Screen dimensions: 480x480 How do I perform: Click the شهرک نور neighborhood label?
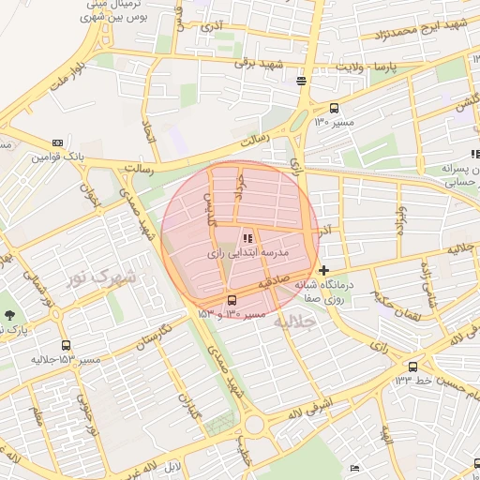pyautogui.click(x=102, y=277)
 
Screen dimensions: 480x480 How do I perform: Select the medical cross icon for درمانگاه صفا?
pyautogui.click(x=324, y=270)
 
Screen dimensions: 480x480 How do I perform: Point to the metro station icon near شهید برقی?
pyautogui.click(x=301, y=81)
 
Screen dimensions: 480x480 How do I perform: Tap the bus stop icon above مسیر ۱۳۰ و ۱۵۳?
pyautogui.click(x=232, y=300)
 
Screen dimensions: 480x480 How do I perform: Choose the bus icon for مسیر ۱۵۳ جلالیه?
pyautogui.click(x=66, y=344)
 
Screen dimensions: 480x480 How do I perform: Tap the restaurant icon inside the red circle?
pyautogui.click(x=247, y=238)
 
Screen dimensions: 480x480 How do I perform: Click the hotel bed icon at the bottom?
pyautogui.click(x=354, y=468)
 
